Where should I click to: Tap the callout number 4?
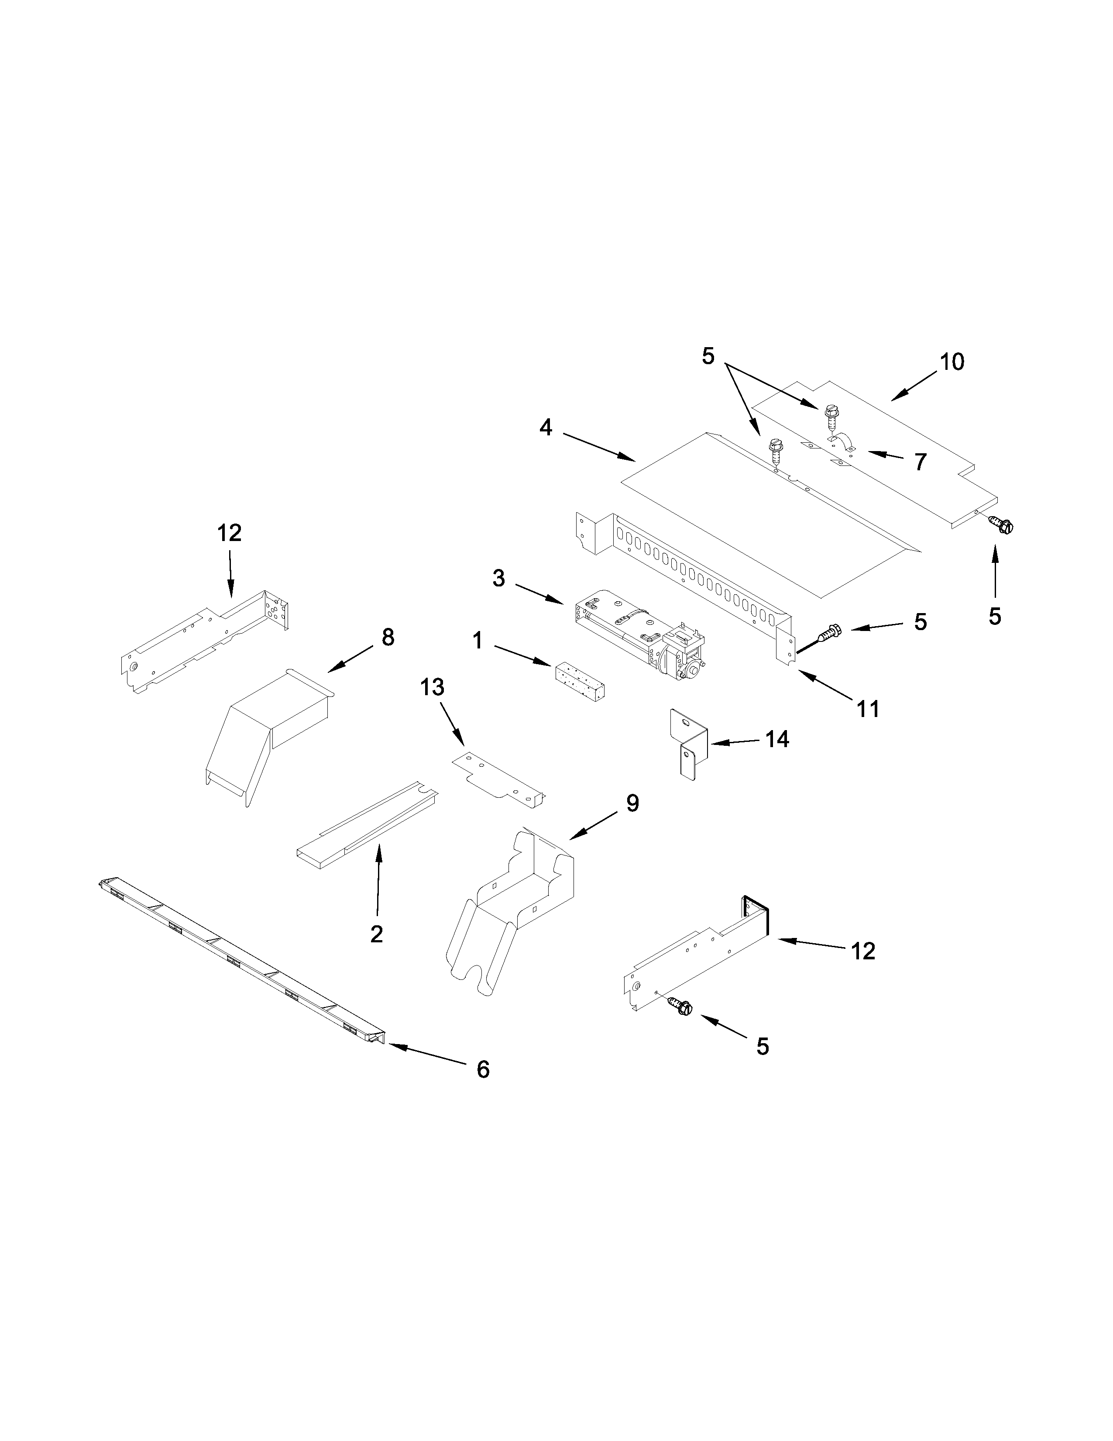(545, 427)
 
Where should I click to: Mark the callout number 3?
(498, 579)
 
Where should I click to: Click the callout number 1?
(477, 640)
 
